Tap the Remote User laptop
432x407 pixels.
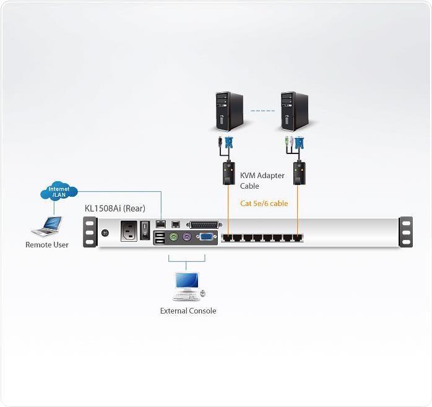pyautogui.click(x=46, y=228)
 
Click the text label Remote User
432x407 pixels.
pyautogui.click(x=47, y=245)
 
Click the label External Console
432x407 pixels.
pyautogui.click(x=188, y=311)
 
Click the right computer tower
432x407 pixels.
pyautogui.click(x=294, y=111)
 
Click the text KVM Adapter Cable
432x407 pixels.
pyautogui.click(x=262, y=181)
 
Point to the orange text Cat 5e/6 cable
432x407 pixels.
pyautogui.click(x=264, y=203)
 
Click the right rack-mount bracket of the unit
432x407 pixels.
pyautogui.click(x=405, y=232)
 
